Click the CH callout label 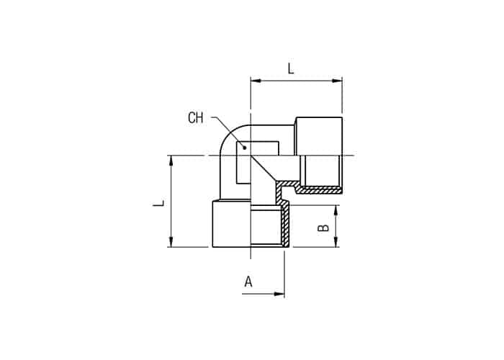click(x=196, y=118)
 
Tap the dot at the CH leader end click(x=245, y=148)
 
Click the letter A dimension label click(x=248, y=282)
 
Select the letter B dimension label click(x=323, y=228)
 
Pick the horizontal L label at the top click(x=291, y=68)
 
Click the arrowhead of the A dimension click(x=279, y=294)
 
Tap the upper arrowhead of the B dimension click(x=336, y=210)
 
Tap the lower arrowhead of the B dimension click(x=336, y=242)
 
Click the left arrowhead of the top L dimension click(x=256, y=81)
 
